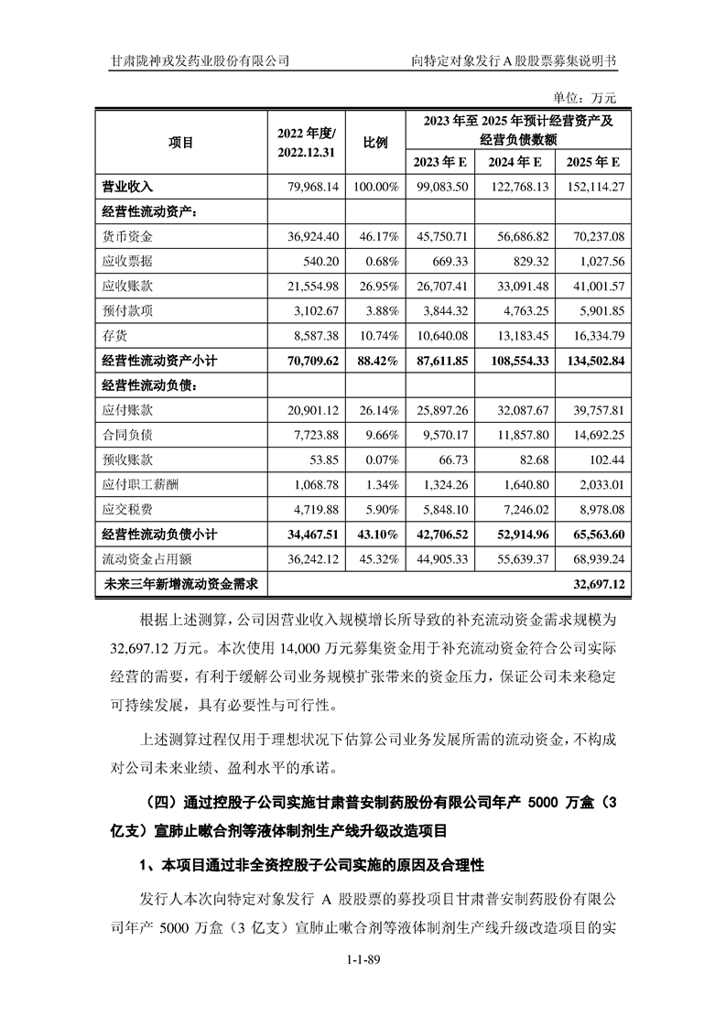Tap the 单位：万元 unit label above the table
[x=586, y=97]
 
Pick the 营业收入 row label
[x=127, y=187]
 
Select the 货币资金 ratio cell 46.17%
[x=376, y=236]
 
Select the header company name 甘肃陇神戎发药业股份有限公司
[x=200, y=60]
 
